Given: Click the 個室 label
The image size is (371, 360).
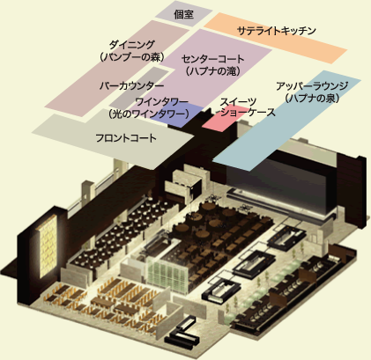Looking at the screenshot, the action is tap(183, 14).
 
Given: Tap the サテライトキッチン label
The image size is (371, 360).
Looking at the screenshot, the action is tap(276, 31).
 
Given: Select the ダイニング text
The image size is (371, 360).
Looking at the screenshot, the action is tap(131, 45).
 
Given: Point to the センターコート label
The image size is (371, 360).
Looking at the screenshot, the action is tap(212, 59).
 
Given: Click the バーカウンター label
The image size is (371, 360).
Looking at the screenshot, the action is tap(131, 86).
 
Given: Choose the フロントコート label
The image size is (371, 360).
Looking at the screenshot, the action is tap(126, 138).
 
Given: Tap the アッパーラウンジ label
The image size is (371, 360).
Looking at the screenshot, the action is tap(312, 86).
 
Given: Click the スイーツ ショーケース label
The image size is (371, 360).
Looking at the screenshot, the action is tap(248, 107).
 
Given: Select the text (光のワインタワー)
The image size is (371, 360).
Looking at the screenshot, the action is tap(149, 114).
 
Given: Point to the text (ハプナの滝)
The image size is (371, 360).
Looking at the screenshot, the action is tap(212, 71).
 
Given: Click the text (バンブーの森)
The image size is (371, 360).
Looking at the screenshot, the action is tap(131, 57).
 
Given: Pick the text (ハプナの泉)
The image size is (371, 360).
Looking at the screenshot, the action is tap(312, 98).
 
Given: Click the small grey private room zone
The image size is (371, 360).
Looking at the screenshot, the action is tap(183, 14).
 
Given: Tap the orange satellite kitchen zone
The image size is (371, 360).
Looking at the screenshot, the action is tap(276, 38).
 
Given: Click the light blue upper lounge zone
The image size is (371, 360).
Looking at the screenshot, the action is tap(286, 121).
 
